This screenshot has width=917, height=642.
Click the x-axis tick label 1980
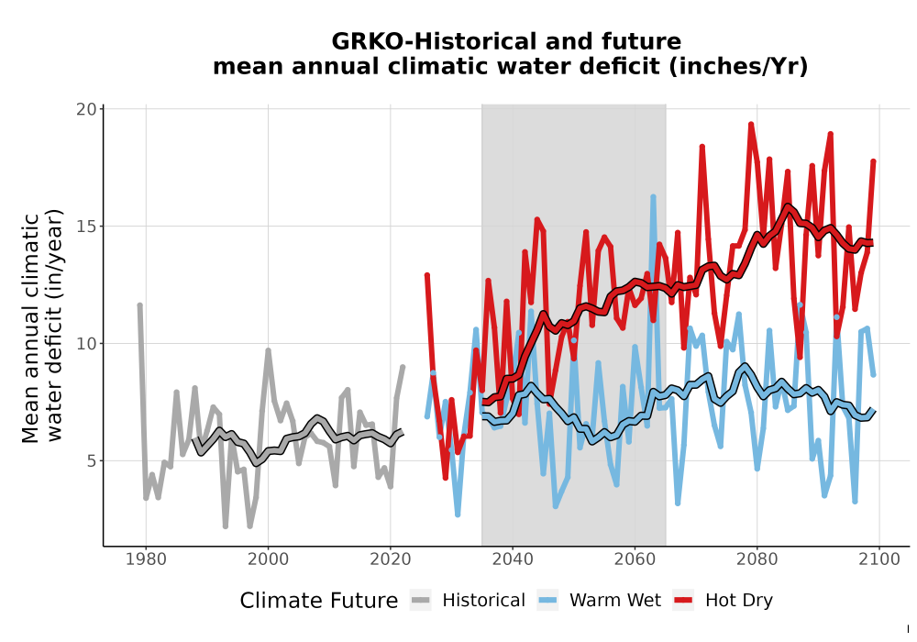click(146, 559)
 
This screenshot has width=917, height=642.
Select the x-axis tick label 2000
click(268, 559)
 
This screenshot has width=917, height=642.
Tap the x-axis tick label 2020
click(390, 559)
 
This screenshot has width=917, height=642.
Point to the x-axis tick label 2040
click(513, 559)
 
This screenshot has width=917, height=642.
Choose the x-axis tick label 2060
click(635, 559)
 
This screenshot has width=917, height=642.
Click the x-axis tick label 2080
click(757, 559)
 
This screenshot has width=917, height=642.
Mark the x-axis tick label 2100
click(879, 559)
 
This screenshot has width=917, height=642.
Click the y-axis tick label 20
click(86, 109)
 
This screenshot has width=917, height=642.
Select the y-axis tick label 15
click(86, 227)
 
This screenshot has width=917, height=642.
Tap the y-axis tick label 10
click(86, 343)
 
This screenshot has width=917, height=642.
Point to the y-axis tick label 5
click(91, 460)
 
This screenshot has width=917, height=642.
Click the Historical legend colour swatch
click(421, 600)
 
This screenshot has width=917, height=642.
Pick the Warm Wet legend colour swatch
click(547, 600)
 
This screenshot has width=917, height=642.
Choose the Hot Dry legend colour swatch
click(683, 600)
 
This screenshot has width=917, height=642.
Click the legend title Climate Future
click(319, 601)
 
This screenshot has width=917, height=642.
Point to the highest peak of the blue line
click(653, 197)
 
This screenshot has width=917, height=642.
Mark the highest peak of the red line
click(751, 125)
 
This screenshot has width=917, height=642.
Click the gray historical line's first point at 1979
click(139, 305)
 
